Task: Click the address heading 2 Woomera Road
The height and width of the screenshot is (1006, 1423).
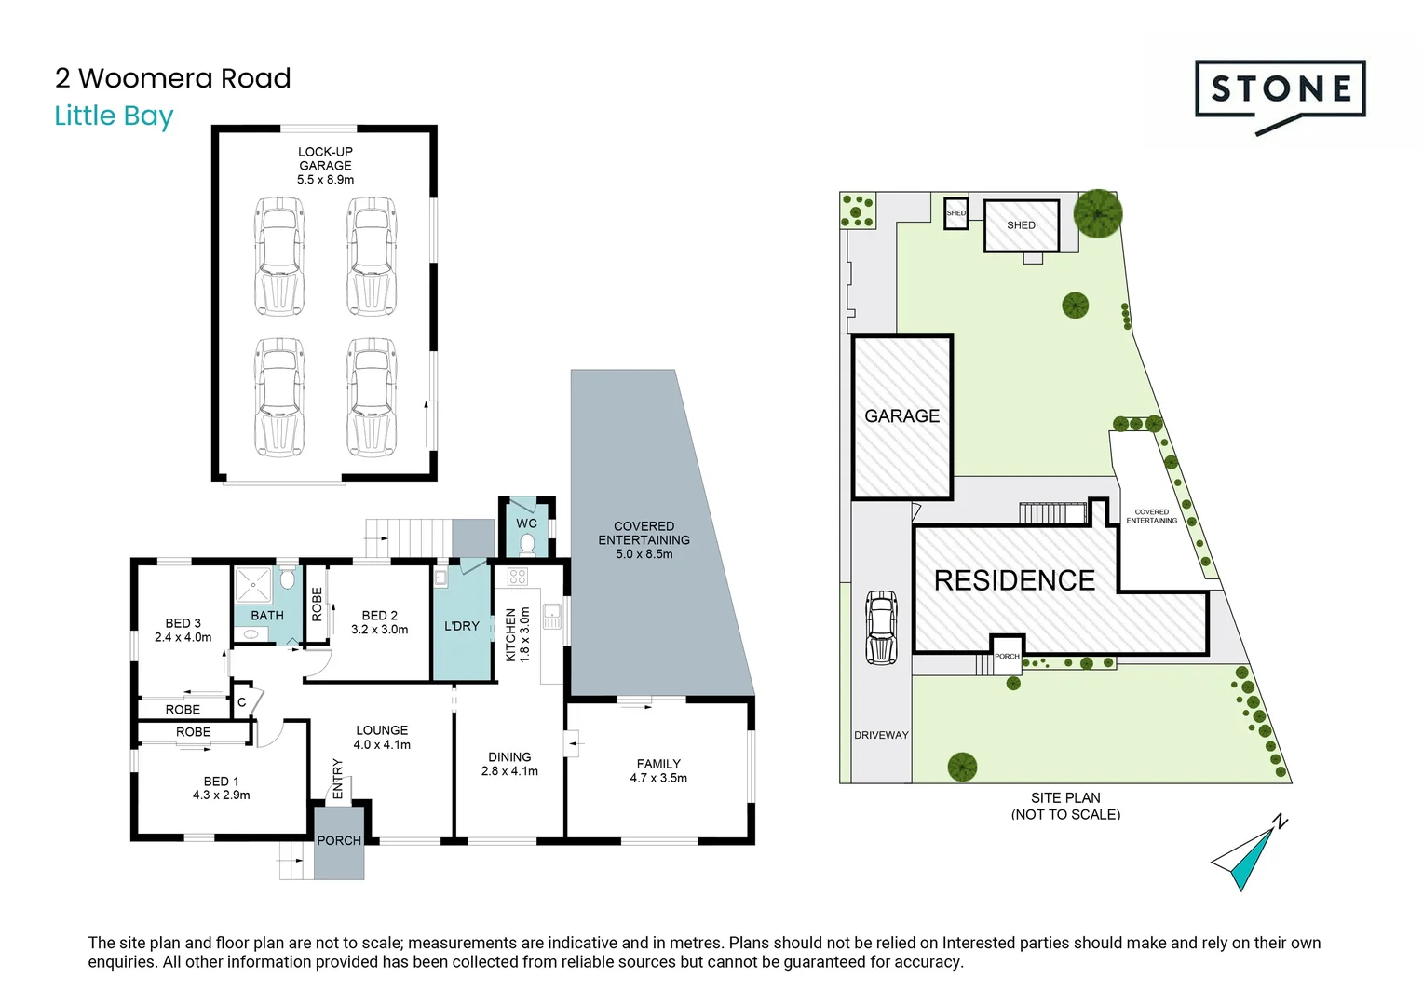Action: [x=172, y=78]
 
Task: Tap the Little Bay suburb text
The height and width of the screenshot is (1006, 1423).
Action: [x=114, y=116]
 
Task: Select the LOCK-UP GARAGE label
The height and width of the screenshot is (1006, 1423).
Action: [x=325, y=158]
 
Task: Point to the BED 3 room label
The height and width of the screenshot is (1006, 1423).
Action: [x=183, y=623]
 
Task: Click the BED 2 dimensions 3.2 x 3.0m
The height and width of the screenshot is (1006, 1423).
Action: [x=379, y=630]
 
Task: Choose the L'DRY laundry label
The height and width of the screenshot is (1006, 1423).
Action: [x=461, y=626]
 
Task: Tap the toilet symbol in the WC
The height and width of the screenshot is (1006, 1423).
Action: [x=527, y=543]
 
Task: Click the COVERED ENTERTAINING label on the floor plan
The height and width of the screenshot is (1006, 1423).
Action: [x=644, y=533]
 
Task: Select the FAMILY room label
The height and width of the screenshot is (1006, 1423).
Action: [x=658, y=764]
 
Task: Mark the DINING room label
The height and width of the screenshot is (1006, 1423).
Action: [x=509, y=757]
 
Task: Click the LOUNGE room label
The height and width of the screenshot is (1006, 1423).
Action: [x=382, y=730]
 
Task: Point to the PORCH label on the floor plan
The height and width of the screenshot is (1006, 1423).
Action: [x=339, y=840]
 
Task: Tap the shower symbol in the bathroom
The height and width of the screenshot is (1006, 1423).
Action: [x=252, y=585]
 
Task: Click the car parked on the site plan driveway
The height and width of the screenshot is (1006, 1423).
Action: [x=881, y=627]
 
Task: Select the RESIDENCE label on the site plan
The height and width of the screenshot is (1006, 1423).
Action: [x=1014, y=580]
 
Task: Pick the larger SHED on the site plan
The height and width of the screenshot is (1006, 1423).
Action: [x=1021, y=225]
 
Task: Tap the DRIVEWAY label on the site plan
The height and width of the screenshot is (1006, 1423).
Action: [x=881, y=735]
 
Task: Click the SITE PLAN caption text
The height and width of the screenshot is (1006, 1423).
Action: [x=1065, y=798]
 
